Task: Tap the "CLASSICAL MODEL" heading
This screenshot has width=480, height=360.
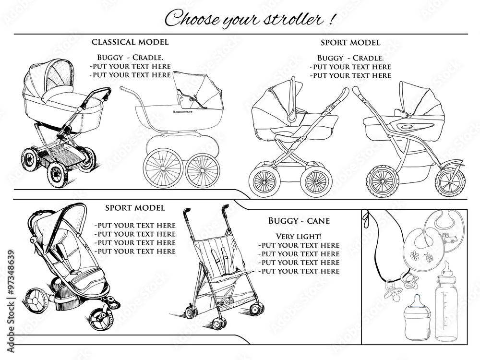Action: [x=130, y=42]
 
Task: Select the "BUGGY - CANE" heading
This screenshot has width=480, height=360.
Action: [x=299, y=221]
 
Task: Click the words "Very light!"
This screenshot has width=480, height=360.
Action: [x=299, y=236]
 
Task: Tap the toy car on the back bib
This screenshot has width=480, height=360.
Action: [x=449, y=237]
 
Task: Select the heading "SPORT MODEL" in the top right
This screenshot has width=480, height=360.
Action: [x=350, y=43]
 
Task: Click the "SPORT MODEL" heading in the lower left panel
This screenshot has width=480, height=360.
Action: [x=135, y=208]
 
